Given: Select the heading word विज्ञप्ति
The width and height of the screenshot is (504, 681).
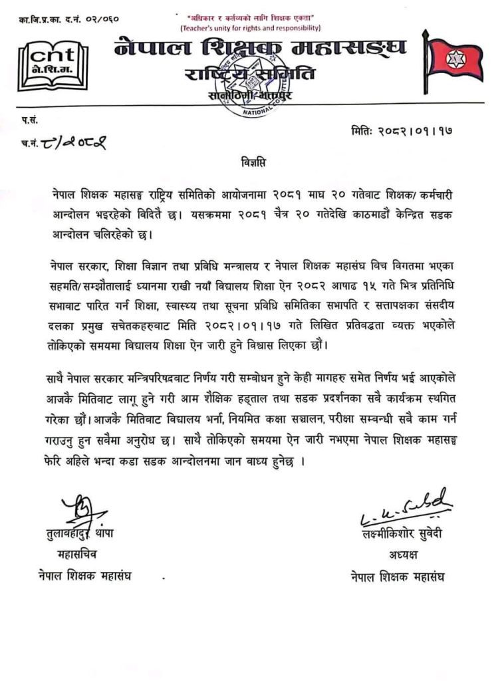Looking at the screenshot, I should (252, 162).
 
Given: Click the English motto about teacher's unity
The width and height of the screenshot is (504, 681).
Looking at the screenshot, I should (251, 28).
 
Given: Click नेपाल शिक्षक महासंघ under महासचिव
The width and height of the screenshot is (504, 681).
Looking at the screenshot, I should (84, 575).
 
